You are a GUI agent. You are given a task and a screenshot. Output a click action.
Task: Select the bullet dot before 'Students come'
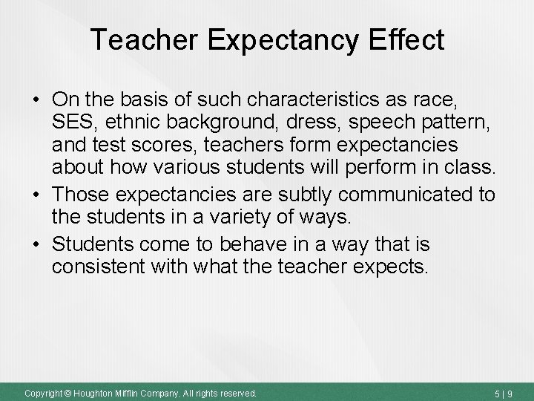[x=36, y=244]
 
